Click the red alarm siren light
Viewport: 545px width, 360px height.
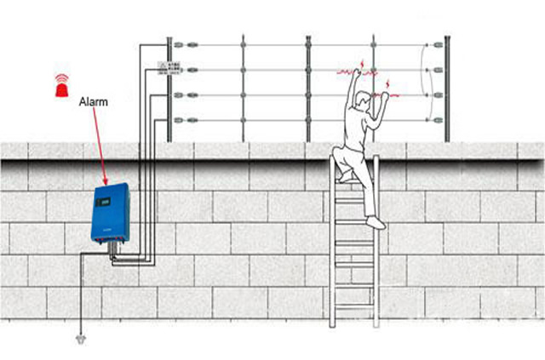coord(60,83)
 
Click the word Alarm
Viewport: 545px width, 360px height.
coord(93,102)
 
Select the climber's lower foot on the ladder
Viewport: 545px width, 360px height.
coord(376,223)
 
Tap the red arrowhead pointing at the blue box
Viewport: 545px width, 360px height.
coord(105,183)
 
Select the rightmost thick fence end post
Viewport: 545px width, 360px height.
coord(446,89)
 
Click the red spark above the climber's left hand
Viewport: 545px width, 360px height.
coord(359,63)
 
